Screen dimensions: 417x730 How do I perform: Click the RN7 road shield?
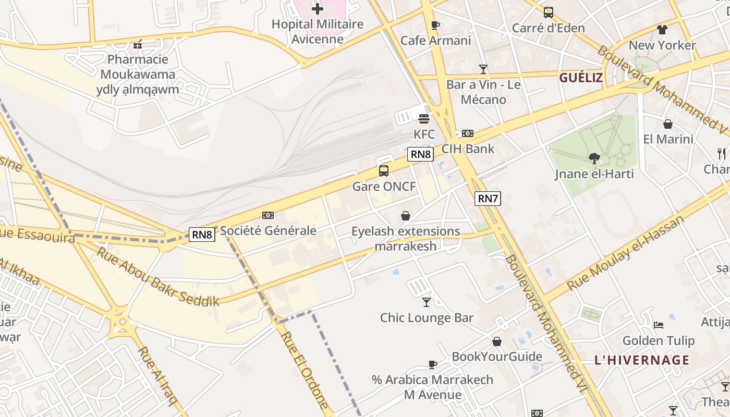[x=488, y=198]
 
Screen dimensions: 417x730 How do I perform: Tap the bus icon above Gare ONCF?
[x=383, y=171]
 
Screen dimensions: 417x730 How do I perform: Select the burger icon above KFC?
[x=424, y=119]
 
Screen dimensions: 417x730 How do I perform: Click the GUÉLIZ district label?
[x=581, y=78]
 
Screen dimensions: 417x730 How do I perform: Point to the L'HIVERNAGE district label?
[x=642, y=360]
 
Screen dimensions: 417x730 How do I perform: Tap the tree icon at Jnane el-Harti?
[x=594, y=158]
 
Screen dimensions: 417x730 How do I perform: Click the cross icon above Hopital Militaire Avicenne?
[x=317, y=9]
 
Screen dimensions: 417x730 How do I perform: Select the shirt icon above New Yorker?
[x=662, y=29]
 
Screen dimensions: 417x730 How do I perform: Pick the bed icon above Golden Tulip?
[x=659, y=325]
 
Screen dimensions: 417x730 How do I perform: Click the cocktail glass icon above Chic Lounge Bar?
[x=427, y=302]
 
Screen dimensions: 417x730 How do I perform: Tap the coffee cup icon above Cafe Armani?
[x=435, y=25]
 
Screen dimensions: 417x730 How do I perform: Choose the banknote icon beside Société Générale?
[x=267, y=215]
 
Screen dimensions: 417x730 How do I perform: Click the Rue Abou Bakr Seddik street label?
[x=157, y=276]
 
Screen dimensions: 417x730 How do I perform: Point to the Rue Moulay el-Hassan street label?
[x=625, y=253]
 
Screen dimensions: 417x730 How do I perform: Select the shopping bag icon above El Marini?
[x=667, y=124]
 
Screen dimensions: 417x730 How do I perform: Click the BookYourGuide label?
[x=497, y=357]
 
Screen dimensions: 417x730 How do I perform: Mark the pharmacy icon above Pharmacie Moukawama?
[x=138, y=45]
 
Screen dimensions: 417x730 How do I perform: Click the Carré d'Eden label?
[x=548, y=28]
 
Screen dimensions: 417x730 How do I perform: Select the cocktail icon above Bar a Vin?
[x=483, y=69]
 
